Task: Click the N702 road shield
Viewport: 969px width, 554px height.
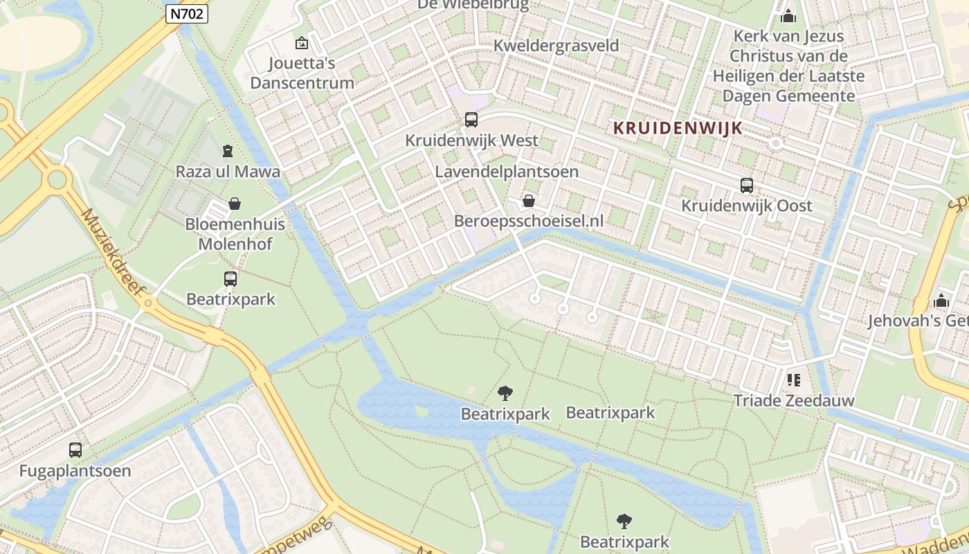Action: coord(187,13)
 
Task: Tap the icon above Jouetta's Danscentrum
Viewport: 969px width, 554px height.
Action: coord(301,43)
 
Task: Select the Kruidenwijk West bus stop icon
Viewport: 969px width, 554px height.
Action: coord(471,120)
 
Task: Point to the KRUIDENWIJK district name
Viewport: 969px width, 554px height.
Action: coord(678,128)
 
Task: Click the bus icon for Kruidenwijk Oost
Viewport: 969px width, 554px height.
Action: coord(746,186)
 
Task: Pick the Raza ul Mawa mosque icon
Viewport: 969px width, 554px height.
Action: coord(227,150)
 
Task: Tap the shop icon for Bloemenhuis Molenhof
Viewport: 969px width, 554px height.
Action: coord(235,204)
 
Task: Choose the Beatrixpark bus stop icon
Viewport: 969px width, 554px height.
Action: coord(230,279)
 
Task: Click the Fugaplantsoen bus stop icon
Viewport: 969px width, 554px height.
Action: coord(75,450)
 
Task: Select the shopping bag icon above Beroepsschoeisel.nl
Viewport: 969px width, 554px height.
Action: coord(529,201)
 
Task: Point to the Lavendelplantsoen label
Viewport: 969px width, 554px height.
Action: coord(507,172)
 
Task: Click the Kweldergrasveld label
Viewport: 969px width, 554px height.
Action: coord(556,46)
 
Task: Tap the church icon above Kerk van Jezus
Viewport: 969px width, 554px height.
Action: coord(788,16)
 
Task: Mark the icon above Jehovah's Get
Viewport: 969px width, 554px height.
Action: coord(941,301)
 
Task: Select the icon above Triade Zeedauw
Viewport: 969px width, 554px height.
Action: coord(793,379)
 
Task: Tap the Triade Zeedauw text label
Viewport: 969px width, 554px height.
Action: coord(793,400)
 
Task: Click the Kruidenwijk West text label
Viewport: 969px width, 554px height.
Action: coord(471,141)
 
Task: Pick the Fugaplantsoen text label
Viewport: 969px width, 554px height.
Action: coord(75,471)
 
